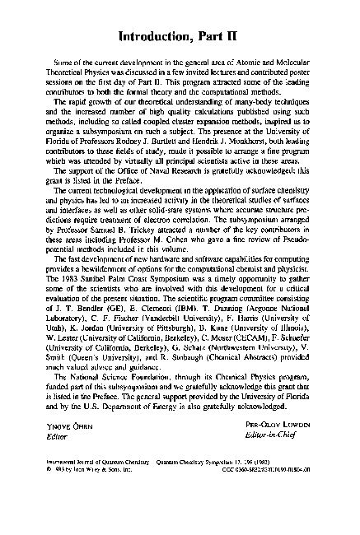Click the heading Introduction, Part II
180,37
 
